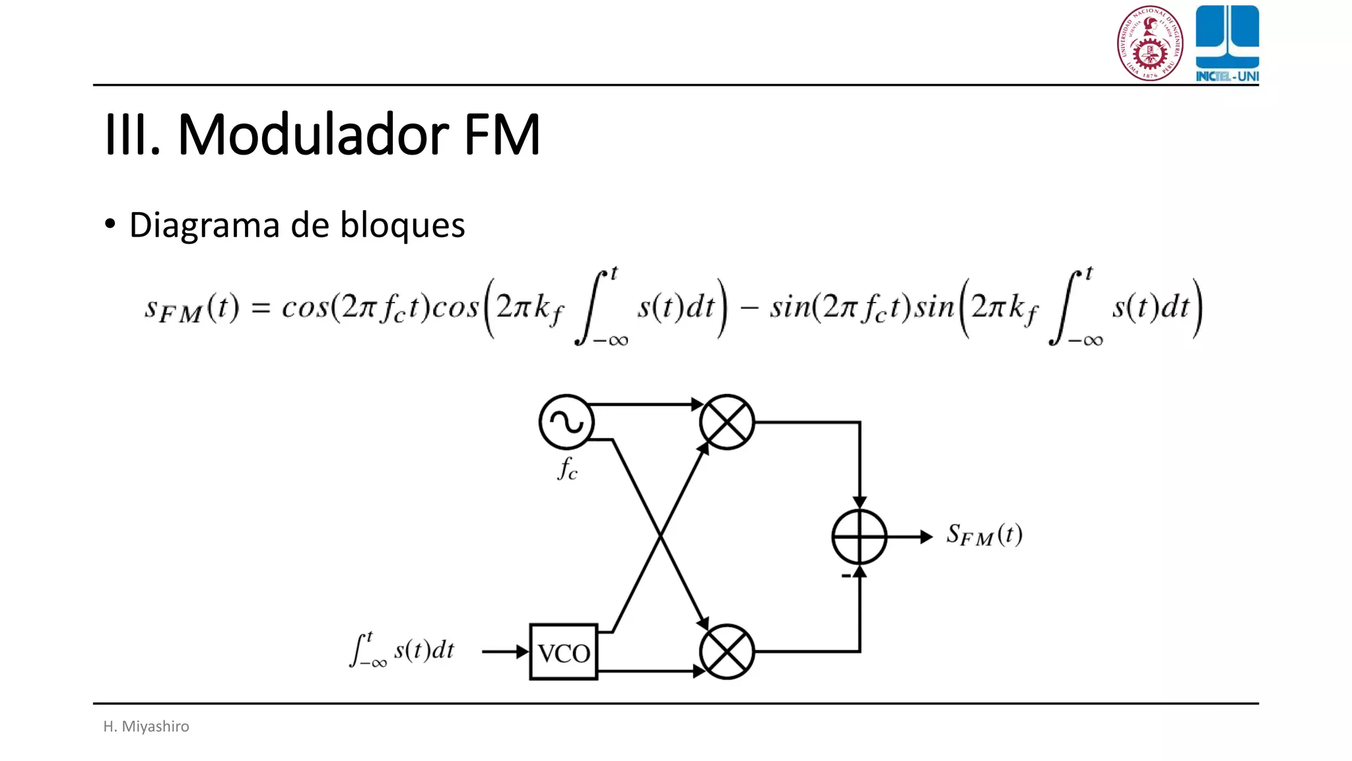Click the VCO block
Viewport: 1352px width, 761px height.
pos(563,652)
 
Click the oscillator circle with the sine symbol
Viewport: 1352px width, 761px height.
pos(566,422)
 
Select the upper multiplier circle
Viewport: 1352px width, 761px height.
pos(726,422)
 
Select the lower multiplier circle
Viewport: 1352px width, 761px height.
pos(726,652)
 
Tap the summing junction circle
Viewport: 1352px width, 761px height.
pos(859,537)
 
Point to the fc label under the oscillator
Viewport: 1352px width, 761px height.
pos(567,469)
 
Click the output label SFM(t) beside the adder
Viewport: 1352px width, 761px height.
pos(984,534)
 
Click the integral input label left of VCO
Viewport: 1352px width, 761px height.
pos(401,650)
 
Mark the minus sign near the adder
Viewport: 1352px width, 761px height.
pos(846,577)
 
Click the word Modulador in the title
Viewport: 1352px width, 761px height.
pos(314,135)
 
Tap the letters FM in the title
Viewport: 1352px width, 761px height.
pos(502,135)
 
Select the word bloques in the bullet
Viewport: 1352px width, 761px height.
pos(402,225)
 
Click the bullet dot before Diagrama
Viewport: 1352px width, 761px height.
pos(110,224)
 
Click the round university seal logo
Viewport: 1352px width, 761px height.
pos(1149,43)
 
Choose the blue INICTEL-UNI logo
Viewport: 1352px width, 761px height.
pos(1227,43)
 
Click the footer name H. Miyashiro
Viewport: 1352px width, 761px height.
pos(146,726)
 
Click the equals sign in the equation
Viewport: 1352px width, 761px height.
pos(261,308)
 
